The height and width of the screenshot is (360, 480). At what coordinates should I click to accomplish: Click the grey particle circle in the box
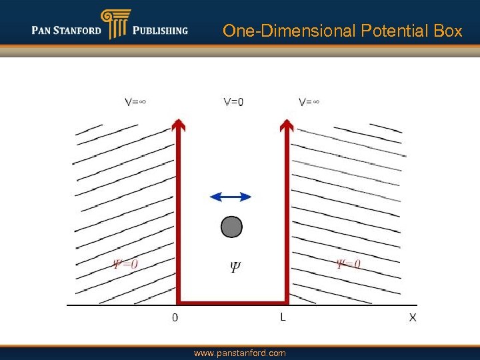click(x=231, y=227)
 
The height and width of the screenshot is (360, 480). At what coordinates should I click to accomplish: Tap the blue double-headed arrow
click(x=231, y=197)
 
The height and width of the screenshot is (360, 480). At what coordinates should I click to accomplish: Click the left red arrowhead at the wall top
click(x=178, y=123)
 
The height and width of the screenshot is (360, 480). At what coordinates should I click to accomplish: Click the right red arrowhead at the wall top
click(x=287, y=123)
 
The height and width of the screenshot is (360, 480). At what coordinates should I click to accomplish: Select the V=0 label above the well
click(x=233, y=102)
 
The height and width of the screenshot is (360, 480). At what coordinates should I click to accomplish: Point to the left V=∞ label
click(x=135, y=102)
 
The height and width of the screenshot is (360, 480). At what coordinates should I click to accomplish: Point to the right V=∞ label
click(x=309, y=102)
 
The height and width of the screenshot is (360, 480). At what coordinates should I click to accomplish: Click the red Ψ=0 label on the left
click(x=125, y=264)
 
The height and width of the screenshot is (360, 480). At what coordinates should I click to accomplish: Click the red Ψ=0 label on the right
click(x=349, y=264)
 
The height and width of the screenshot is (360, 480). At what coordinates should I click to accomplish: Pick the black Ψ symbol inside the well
click(x=235, y=267)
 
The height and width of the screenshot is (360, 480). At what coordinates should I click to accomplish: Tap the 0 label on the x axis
click(x=175, y=318)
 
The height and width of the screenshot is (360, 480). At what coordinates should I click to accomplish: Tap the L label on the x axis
click(x=283, y=317)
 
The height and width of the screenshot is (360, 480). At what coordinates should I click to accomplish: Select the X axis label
click(x=413, y=318)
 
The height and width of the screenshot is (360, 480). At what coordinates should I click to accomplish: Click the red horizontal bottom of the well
click(x=233, y=302)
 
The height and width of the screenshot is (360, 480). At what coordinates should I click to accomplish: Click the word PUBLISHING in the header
click(x=160, y=31)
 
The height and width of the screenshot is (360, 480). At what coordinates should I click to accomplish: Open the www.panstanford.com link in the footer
click(x=239, y=353)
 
